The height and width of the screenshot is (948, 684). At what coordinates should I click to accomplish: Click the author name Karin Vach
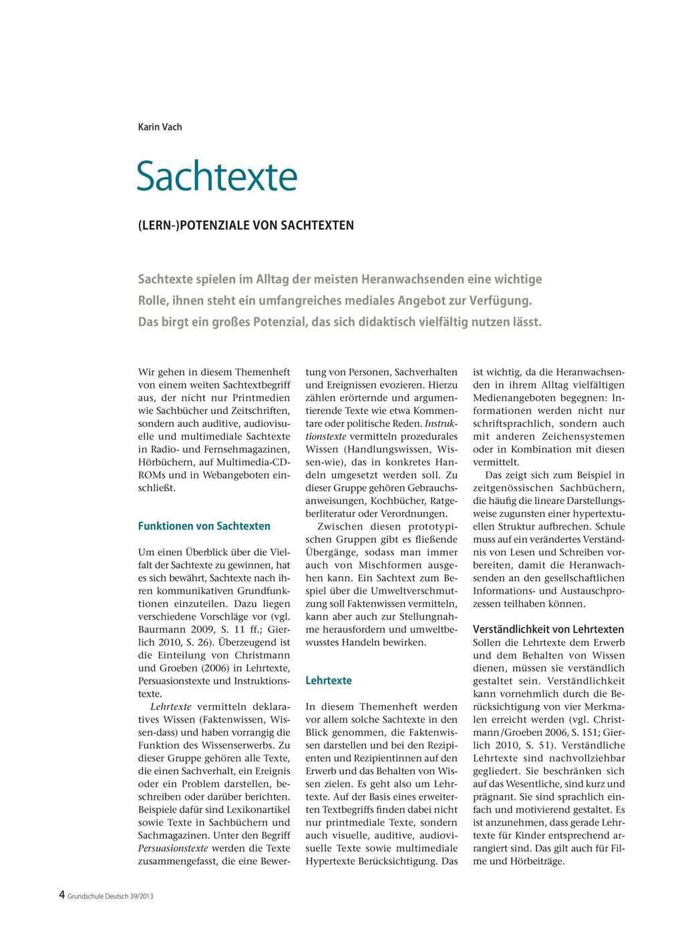point(160,127)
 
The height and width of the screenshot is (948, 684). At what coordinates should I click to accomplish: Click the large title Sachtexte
point(217,176)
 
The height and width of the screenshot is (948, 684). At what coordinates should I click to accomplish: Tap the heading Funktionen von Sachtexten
point(204,526)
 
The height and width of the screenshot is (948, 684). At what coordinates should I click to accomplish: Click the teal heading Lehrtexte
point(328,681)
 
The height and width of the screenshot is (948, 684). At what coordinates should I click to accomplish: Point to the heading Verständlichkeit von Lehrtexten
point(548,630)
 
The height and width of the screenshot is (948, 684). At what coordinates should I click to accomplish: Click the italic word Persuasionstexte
point(173,849)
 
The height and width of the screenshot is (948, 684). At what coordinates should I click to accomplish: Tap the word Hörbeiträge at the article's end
point(530,861)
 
